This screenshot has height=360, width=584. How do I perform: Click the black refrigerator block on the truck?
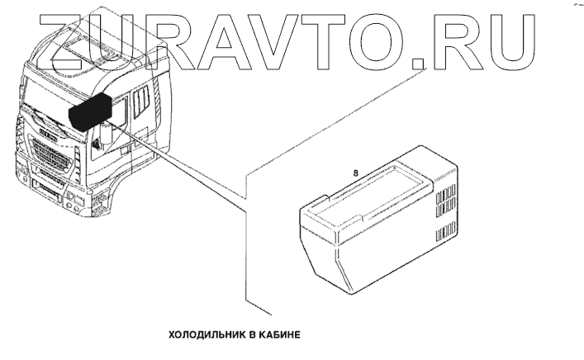(x=90, y=111)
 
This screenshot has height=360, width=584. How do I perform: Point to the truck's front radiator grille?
(x=51, y=159)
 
